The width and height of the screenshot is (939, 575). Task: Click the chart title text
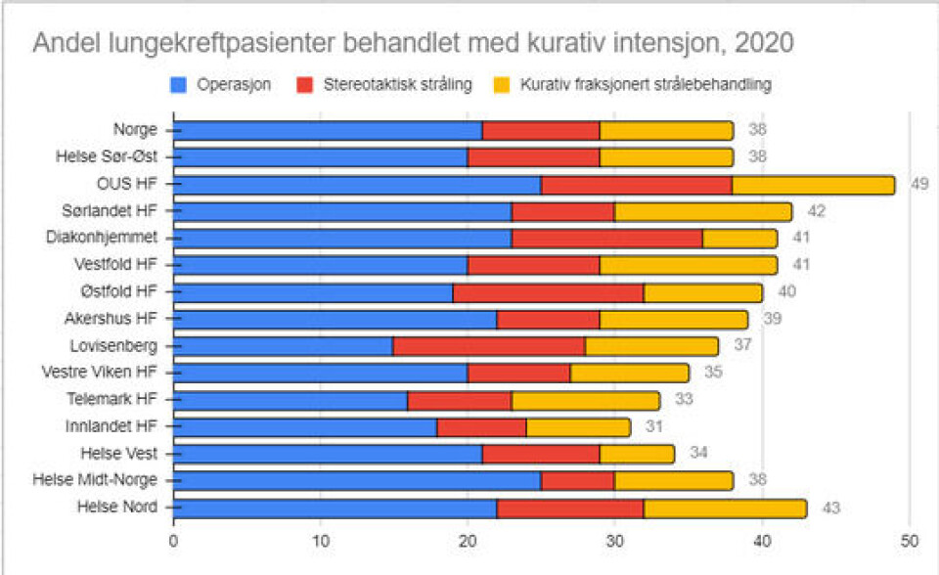(x=413, y=43)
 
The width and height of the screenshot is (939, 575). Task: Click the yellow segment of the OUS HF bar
(x=813, y=184)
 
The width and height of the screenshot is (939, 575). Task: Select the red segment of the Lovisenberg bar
(x=489, y=345)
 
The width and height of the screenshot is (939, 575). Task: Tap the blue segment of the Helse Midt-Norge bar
(x=357, y=480)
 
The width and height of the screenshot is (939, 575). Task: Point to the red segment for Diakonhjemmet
(x=606, y=238)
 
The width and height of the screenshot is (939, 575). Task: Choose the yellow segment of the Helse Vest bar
(x=637, y=453)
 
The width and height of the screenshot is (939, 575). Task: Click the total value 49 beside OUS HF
(x=919, y=184)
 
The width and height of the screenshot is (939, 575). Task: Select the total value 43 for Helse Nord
(x=831, y=508)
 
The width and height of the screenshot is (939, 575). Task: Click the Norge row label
(x=135, y=130)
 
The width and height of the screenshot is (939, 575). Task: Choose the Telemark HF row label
(x=112, y=399)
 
